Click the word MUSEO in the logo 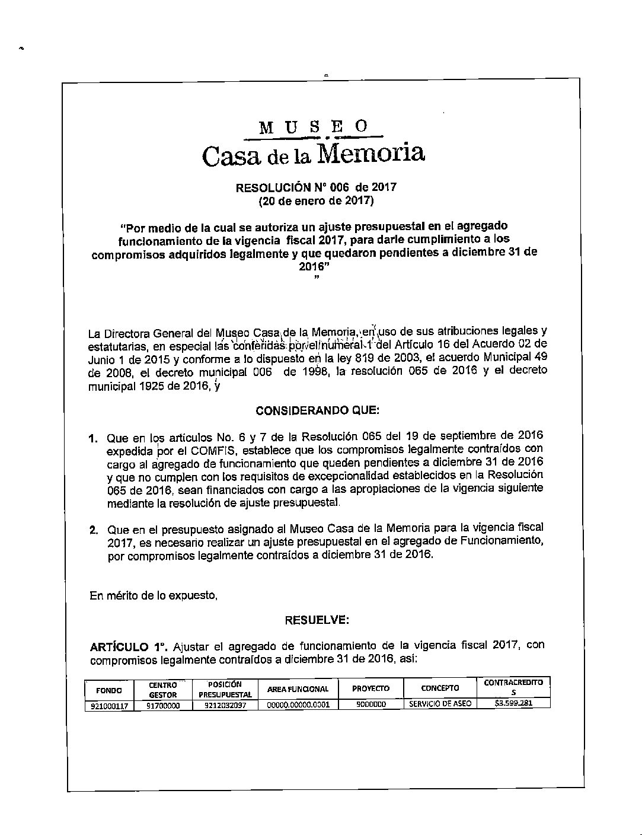[x=314, y=126]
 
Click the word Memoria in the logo [x=370, y=154]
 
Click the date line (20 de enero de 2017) [x=316, y=201]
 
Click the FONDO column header [x=109, y=690]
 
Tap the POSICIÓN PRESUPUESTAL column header [x=225, y=689]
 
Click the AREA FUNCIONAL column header [x=298, y=689]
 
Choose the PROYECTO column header [x=370, y=689]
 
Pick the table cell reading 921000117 [x=109, y=706]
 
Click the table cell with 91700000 [x=163, y=706]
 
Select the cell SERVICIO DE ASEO [x=440, y=704]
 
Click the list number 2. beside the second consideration [x=94, y=530]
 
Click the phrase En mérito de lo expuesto [x=154, y=595]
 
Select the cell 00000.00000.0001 [x=298, y=705]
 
